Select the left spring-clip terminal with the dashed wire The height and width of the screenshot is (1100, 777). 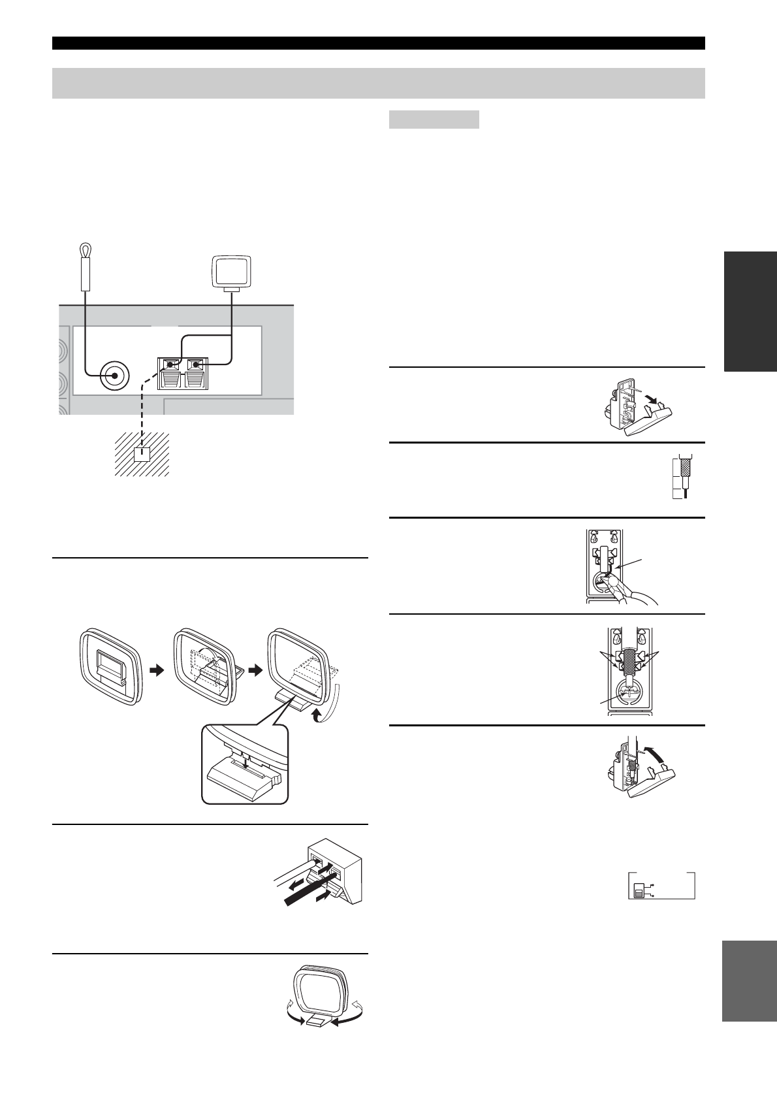172,364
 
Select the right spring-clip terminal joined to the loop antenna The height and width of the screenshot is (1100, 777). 195,364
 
